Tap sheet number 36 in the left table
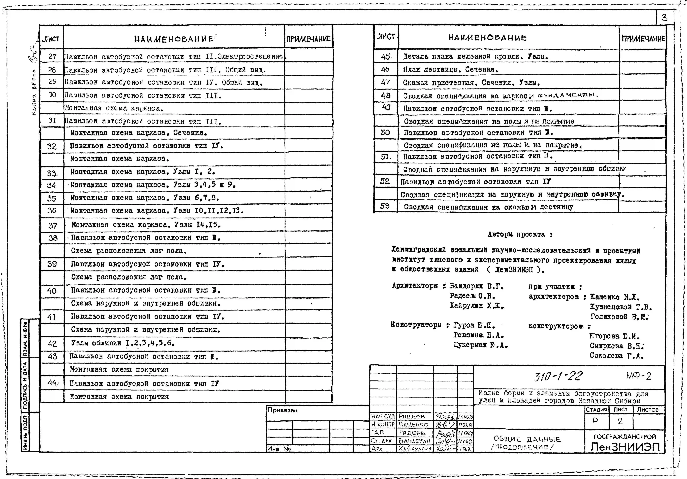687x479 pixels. tap(52, 210)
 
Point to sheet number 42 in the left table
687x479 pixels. tap(52, 344)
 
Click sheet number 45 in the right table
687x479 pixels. tap(385, 56)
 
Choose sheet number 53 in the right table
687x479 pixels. tap(385, 206)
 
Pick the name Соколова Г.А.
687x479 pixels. tap(616, 356)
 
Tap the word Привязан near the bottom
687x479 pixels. tap(283, 410)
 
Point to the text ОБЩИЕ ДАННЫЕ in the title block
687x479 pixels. tap(527, 439)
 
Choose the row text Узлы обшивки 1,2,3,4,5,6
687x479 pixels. tap(123, 343)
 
